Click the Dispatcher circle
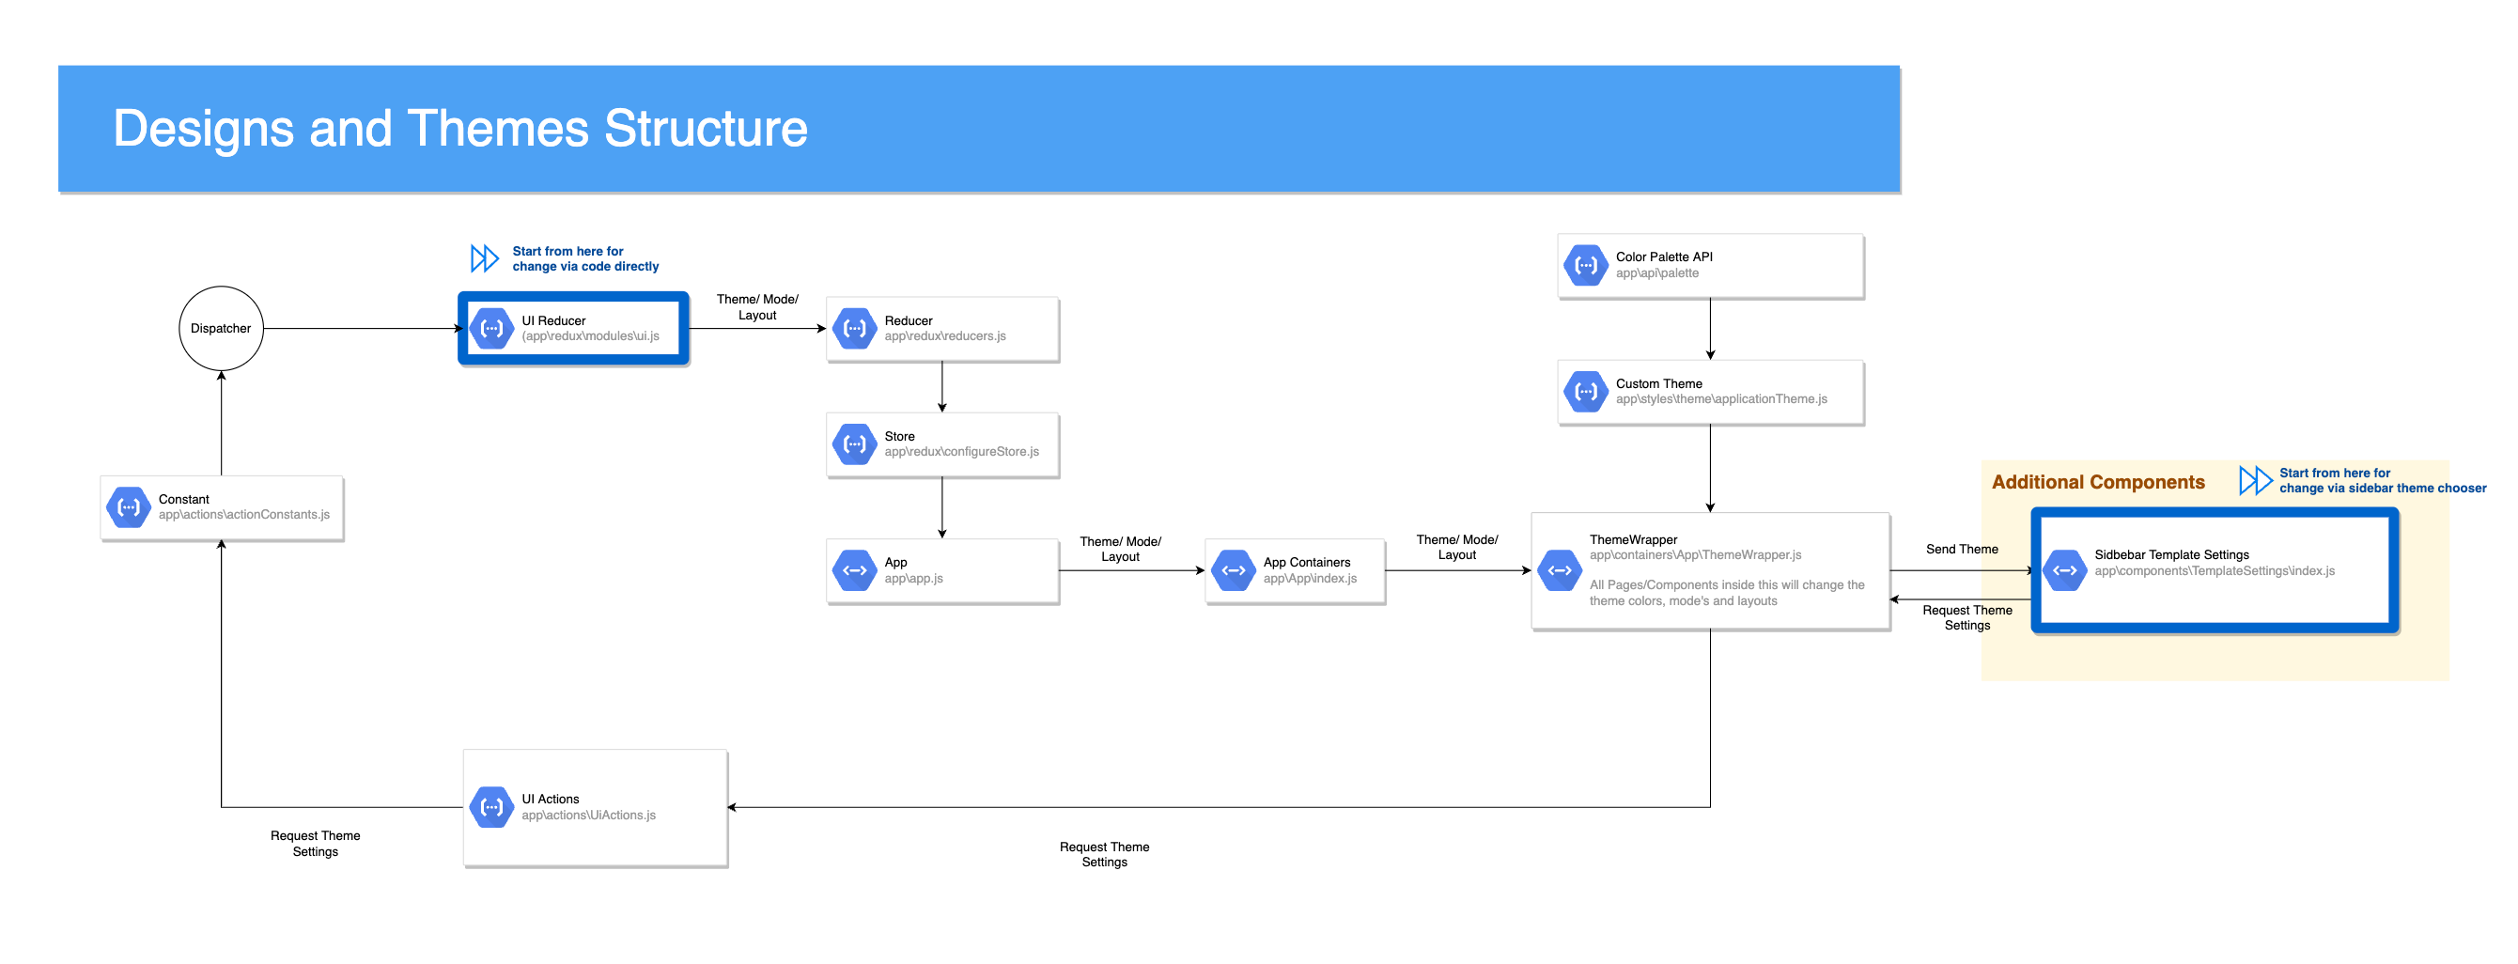(221, 329)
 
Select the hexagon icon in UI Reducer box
(491, 329)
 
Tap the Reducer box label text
(909, 320)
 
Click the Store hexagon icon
(854, 443)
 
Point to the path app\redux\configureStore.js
(961, 452)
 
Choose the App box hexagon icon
(854, 570)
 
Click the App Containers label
(1306, 562)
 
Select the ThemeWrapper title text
(1632, 539)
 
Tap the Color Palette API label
(1664, 257)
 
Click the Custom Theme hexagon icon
(1585, 391)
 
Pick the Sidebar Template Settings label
(2171, 554)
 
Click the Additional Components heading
(2098, 482)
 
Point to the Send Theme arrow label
(1961, 550)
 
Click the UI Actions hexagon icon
(491, 806)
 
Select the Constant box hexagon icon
(128, 506)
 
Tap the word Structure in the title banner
(706, 128)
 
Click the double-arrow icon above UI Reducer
(484, 258)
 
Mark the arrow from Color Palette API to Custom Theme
(1710, 330)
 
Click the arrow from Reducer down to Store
(941, 387)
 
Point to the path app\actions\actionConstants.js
(243, 514)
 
